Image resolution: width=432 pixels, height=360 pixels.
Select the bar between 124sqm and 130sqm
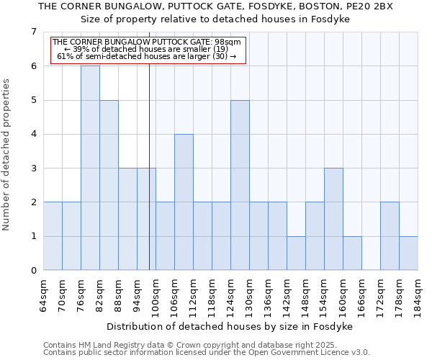[240, 185]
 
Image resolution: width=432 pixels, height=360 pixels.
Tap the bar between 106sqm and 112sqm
[184, 202]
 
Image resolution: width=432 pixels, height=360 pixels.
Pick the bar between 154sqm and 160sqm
[333, 219]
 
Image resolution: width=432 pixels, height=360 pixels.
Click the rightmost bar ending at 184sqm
[408, 253]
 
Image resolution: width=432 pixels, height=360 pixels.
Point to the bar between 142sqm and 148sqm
[296, 253]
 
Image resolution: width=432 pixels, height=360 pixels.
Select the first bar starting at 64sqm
[53, 236]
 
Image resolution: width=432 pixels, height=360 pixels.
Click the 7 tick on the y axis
[33, 32]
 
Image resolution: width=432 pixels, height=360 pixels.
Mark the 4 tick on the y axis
[33, 134]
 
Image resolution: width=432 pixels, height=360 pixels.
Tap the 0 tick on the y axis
[33, 271]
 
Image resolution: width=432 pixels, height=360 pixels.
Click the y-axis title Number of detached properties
[7, 151]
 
